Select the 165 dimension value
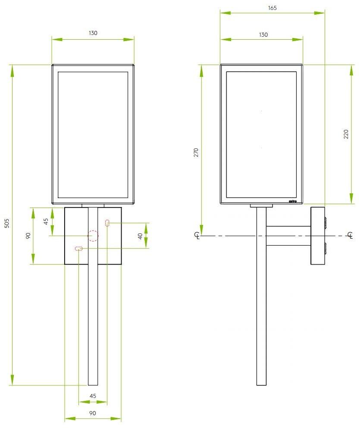point(272,8)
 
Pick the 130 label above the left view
point(93,33)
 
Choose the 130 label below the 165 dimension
point(263,35)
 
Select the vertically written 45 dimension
point(46,222)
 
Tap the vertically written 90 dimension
point(28,236)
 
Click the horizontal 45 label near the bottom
point(93,396)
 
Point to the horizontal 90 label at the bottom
point(93,413)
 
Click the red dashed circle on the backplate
point(93,236)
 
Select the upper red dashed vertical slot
point(107,223)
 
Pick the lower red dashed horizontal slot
point(78,249)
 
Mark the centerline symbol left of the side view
point(197,236)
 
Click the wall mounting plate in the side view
point(317,236)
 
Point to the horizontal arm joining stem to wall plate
point(288,236)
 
